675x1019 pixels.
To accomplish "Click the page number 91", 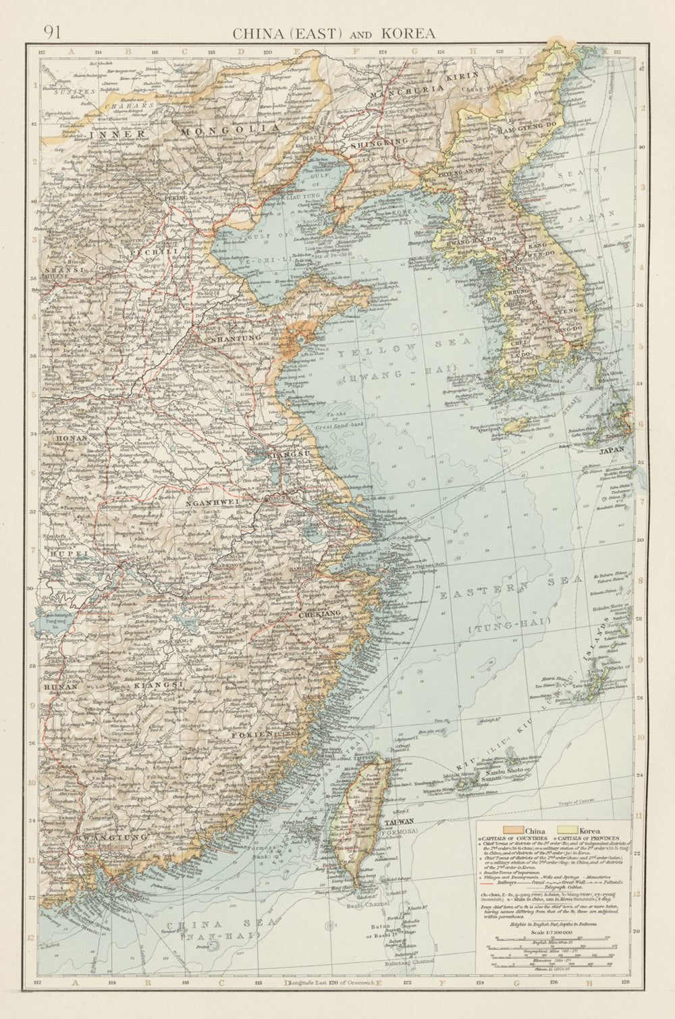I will click(52, 32).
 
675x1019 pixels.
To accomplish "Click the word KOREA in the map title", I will click(408, 33).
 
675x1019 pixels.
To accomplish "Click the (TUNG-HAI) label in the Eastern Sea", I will click(509, 625).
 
